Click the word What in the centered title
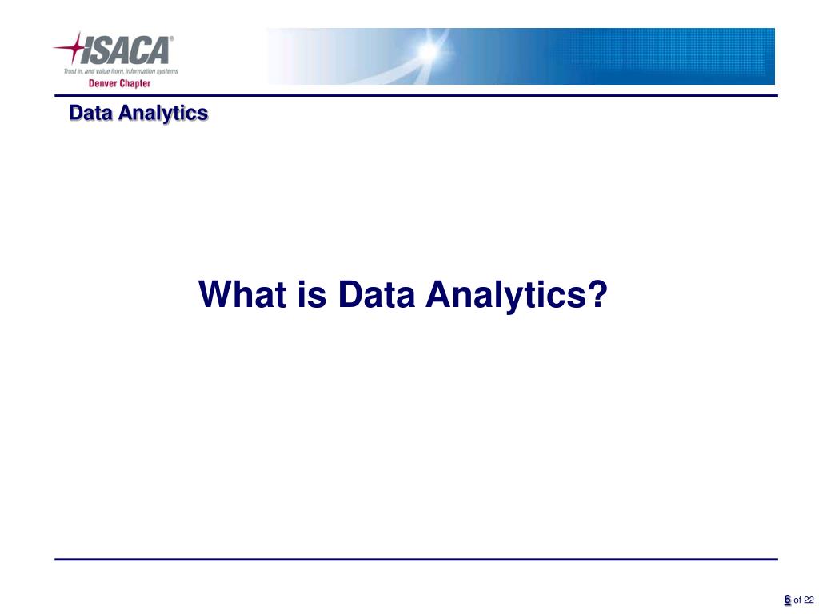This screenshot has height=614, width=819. pyautogui.click(x=242, y=294)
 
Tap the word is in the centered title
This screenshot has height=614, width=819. pyautogui.click(x=313, y=294)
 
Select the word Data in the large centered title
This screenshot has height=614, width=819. pyautogui.click(x=376, y=294)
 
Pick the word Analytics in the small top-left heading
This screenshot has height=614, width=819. pyautogui.click(x=163, y=114)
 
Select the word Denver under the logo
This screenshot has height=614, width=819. pyautogui.click(x=102, y=83)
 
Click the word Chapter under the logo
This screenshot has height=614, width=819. pyautogui.click(x=134, y=83)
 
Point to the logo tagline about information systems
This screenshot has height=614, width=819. pyautogui.click(x=121, y=71)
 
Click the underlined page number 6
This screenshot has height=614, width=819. pyautogui.click(x=787, y=600)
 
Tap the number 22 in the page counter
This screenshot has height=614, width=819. pyautogui.click(x=809, y=600)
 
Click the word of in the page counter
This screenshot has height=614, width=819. pyautogui.click(x=797, y=600)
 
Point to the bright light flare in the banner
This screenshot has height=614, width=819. pyautogui.click(x=429, y=51)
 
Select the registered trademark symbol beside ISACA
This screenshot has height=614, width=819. pyautogui.click(x=171, y=38)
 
